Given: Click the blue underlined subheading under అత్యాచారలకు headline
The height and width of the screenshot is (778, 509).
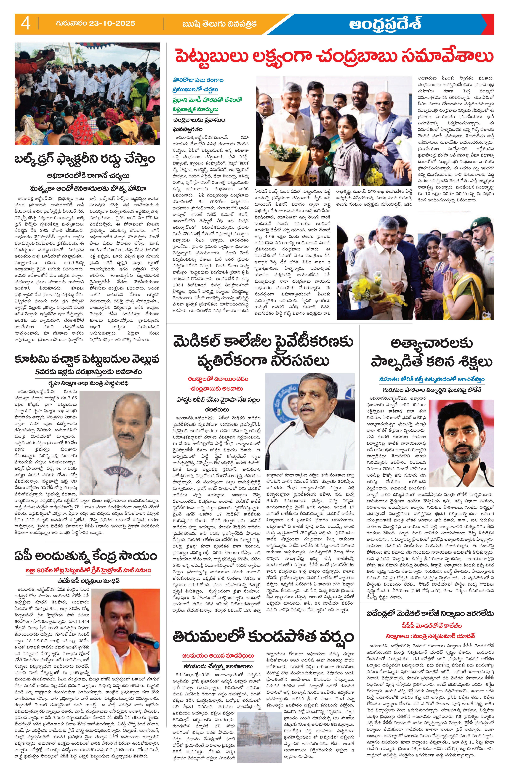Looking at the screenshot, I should [x=432, y=379].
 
